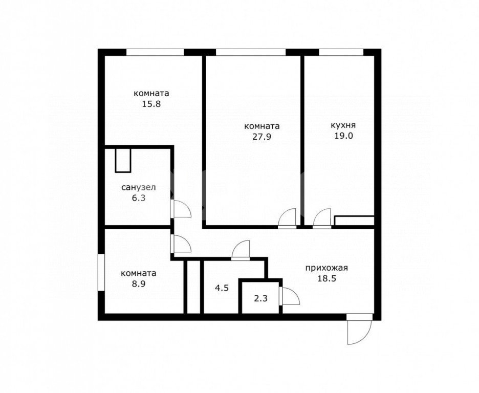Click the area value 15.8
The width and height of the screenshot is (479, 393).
pyautogui.click(x=151, y=104)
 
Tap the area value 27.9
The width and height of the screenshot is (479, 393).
pyautogui.click(x=262, y=136)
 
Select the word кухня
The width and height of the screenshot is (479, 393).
pyautogui.click(x=343, y=125)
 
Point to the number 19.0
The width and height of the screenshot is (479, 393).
pyautogui.click(x=343, y=136)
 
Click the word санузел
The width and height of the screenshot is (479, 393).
pyautogui.click(x=138, y=187)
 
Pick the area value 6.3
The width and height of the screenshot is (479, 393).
pyautogui.click(x=138, y=198)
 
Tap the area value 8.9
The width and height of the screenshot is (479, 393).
pyautogui.click(x=138, y=283)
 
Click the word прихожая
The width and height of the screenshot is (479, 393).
pyautogui.click(x=326, y=268)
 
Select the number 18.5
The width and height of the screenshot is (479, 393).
pyautogui.click(x=326, y=278)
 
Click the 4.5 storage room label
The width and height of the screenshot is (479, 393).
pyautogui.click(x=222, y=288)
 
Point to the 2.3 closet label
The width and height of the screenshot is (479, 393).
pyautogui.click(x=261, y=298)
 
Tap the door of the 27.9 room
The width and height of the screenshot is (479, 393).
pyautogui.click(x=288, y=219)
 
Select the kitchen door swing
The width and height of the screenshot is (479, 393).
pyautogui.click(x=322, y=219)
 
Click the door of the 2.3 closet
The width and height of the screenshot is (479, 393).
pyautogui.click(x=290, y=296)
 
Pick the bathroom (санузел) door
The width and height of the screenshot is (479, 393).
pyautogui.click(x=181, y=209)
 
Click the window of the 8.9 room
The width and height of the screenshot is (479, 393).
pyautogui.click(x=101, y=272)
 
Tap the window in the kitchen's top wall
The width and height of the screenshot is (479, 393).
pyautogui.click(x=341, y=52)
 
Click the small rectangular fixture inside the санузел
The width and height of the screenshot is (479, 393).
pyautogui.click(x=123, y=160)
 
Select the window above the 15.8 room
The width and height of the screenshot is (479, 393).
pyautogui.click(x=155, y=52)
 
